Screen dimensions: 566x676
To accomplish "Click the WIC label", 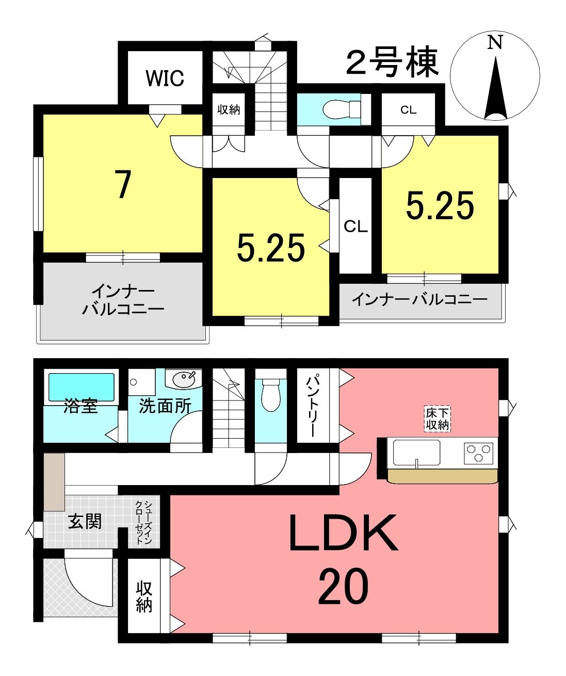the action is pos(165,78).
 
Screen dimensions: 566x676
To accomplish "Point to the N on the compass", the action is pos(495,42).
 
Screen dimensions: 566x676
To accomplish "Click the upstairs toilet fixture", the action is pos(342,109).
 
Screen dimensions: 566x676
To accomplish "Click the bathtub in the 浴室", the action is pos(82,388).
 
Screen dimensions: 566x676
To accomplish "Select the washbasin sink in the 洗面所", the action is pos(184,378).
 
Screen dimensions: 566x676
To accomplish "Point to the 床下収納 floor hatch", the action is pos(438,419).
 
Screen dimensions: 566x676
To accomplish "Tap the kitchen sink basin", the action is pos(416,452).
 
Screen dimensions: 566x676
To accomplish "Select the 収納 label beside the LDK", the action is pos(144,599).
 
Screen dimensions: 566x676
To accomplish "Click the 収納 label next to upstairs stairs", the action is pos(228,110).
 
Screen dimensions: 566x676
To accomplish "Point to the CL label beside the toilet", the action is pos(408,110).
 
